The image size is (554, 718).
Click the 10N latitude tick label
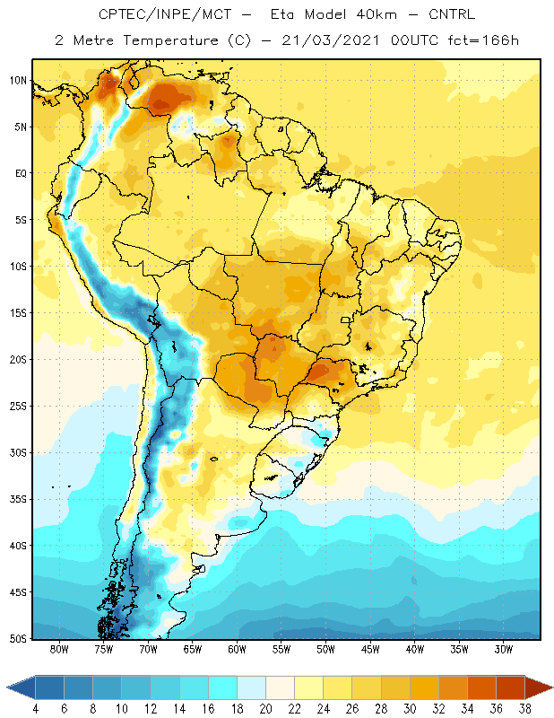tap(19, 81)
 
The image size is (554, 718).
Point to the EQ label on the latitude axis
tap(22, 173)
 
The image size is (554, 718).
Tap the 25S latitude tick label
tap(19, 407)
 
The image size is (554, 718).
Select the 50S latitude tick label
tap(19, 639)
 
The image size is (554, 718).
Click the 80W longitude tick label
tap(59, 649)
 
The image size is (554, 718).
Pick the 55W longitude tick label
tap(281, 649)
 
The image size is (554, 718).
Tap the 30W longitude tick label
tap(504, 649)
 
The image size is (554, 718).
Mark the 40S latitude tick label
tap(19, 546)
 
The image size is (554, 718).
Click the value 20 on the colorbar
tap(265, 709)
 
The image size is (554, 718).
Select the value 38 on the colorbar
tap(525, 709)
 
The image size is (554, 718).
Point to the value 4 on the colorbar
tap(36, 709)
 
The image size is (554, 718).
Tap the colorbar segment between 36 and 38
tap(511, 687)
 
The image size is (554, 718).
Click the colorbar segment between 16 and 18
tap(223, 687)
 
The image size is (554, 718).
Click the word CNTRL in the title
tap(452, 14)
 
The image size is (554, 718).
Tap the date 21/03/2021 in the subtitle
tap(331, 40)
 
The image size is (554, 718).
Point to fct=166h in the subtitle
tap(483, 40)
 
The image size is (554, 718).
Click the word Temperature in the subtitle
tap(170, 40)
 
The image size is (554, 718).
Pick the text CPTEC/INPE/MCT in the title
tap(165, 14)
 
